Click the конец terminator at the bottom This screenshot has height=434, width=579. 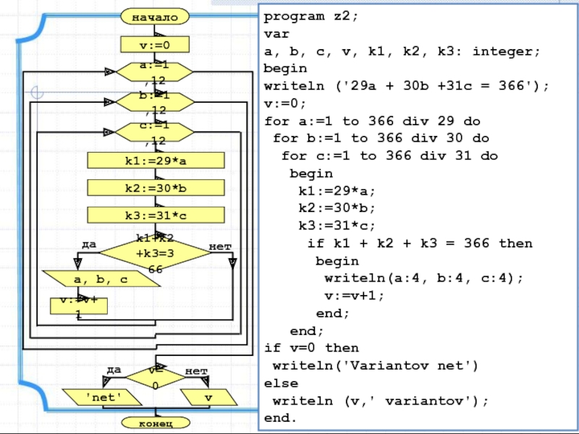(155, 422)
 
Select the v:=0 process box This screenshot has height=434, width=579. (155, 46)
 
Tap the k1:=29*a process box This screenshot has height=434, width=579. (156, 160)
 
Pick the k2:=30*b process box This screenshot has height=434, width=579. (156, 188)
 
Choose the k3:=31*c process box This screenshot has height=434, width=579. (156, 215)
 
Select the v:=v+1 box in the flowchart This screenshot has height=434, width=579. (78, 305)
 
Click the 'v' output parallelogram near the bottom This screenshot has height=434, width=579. (208, 397)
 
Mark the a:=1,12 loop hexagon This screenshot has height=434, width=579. (155, 71)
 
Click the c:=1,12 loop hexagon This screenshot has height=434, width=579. (155, 132)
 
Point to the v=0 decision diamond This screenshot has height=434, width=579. (155, 376)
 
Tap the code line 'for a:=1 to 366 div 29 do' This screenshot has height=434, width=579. (372, 122)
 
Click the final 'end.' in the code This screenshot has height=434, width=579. (280, 417)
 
